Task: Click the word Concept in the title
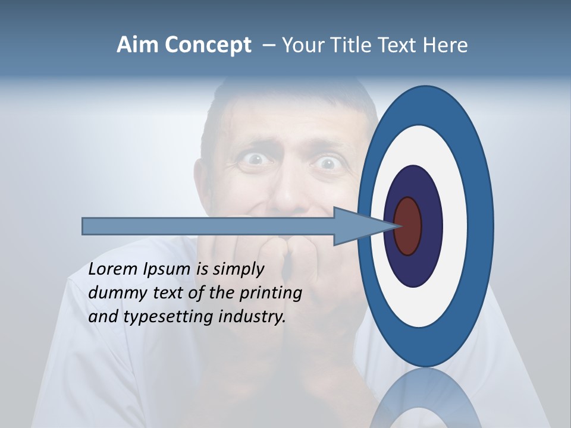point(208,45)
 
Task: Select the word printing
point(271,293)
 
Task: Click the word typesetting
point(169,317)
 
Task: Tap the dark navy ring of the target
point(431,226)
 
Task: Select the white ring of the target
point(454,226)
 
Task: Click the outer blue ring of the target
point(481,226)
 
